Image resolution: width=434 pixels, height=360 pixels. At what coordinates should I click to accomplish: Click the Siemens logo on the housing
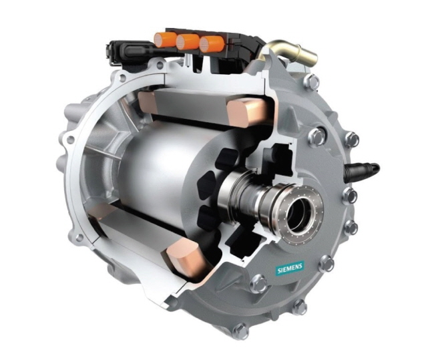point(290,268)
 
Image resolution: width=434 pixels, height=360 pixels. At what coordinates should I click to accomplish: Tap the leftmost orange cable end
point(165,40)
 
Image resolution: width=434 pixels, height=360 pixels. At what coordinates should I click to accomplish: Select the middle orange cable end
point(188,42)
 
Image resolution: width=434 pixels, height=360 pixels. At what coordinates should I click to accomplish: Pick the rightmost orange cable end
point(211,44)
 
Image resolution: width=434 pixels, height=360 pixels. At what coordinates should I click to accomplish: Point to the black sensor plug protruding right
point(362,170)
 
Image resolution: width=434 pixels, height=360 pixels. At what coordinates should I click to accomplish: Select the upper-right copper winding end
point(247,112)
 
